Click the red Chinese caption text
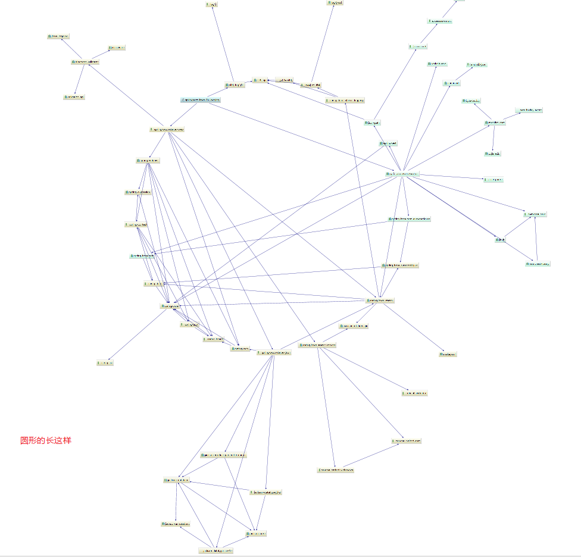[x=46, y=440]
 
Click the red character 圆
[x=24, y=440]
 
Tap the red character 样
[x=67, y=440]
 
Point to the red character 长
[x=50, y=440]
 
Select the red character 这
[x=58, y=440]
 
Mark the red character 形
[x=33, y=440]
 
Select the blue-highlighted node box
[x=201, y=100]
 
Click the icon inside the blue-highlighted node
[x=183, y=100]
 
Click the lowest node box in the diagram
[x=215, y=550]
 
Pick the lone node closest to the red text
[x=105, y=362]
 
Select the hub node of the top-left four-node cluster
[x=85, y=61]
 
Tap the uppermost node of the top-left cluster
[x=59, y=36]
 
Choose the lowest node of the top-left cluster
[x=74, y=96]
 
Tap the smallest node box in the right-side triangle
[x=500, y=240]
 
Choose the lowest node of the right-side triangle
[x=538, y=264]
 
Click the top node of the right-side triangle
[x=535, y=214]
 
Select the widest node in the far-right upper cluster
[x=529, y=110]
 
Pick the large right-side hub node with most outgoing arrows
[x=402, y=174]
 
